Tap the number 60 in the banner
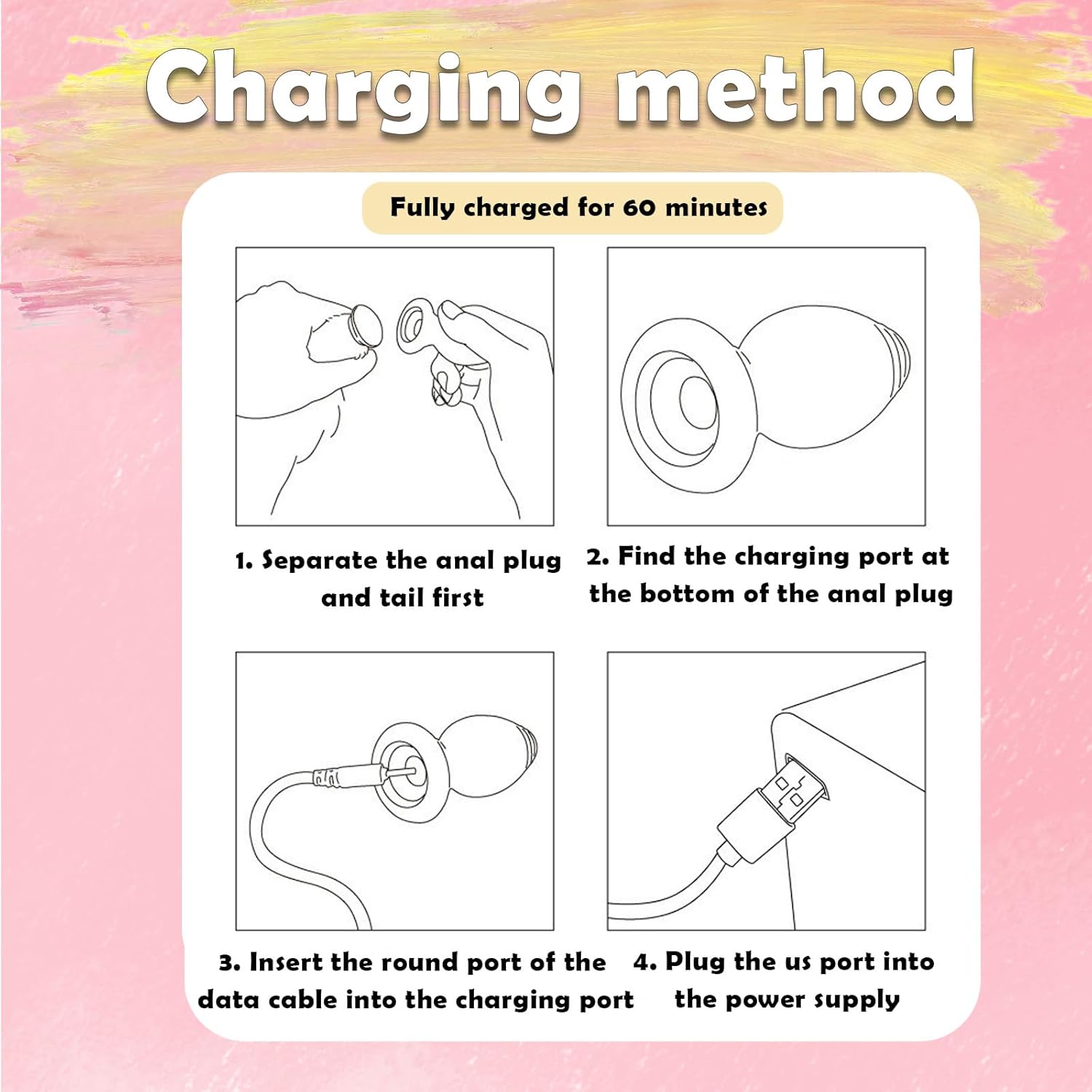click(x=639, y=207)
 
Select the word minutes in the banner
click(x=716, y=207)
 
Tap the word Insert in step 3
click(x=286, y=962)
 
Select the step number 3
click(x=228, y=963)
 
